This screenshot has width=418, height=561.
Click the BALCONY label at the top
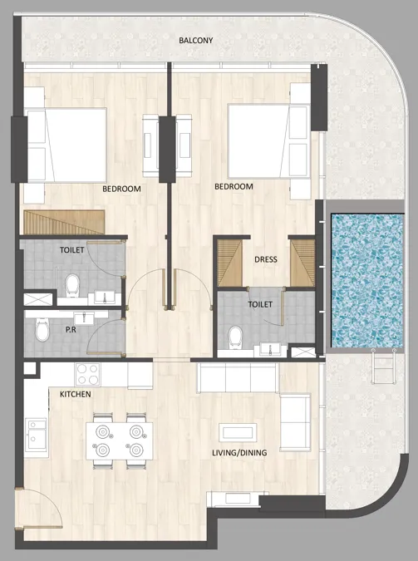195,40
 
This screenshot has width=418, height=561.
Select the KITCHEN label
75,394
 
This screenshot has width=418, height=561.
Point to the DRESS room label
265,259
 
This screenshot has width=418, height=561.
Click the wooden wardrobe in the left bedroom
64,222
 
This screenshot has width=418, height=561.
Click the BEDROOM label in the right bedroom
234,187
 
